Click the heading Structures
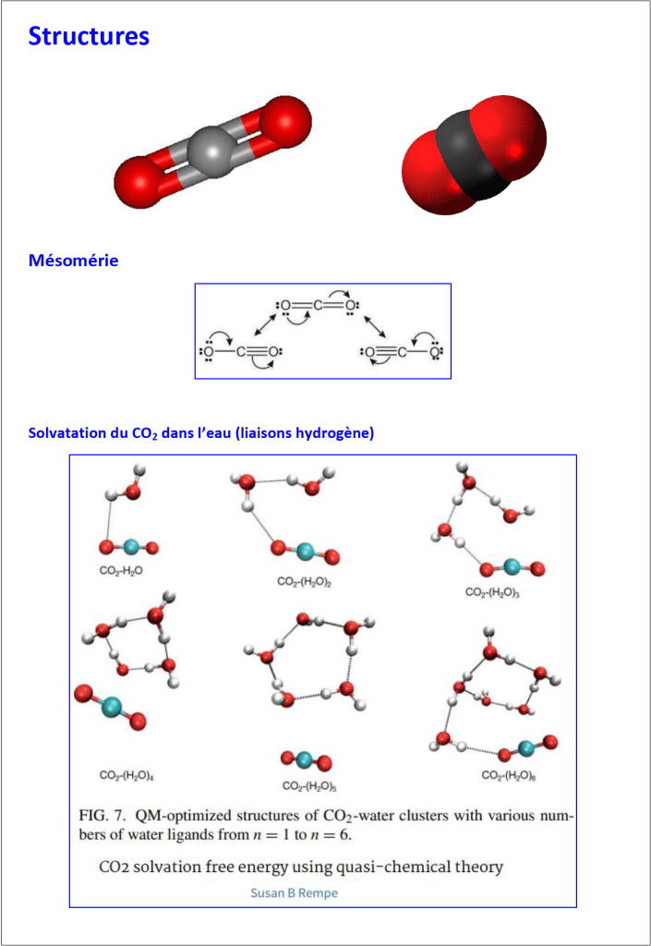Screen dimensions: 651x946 point(89,36)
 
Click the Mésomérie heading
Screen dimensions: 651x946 point(73,261)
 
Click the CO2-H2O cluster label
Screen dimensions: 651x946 point(121,571)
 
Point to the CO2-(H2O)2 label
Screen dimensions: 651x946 point(305,582)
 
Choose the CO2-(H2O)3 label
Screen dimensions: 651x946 point(492,592)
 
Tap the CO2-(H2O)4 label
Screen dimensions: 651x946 point(127,775)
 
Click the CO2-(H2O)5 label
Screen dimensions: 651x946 point(310,786)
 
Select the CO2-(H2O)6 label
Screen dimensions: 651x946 point(509,775)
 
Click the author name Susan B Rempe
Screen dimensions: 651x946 point(295,893)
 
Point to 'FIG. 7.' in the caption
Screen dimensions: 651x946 point(102,816)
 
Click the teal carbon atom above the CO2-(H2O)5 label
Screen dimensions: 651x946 point(305,759)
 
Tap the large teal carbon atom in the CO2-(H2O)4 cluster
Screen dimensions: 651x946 point(111,706)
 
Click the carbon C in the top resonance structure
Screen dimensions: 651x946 point(317,305)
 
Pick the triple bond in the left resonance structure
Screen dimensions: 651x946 point(258,351)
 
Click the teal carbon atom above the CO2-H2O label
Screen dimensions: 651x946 point(130,548)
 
